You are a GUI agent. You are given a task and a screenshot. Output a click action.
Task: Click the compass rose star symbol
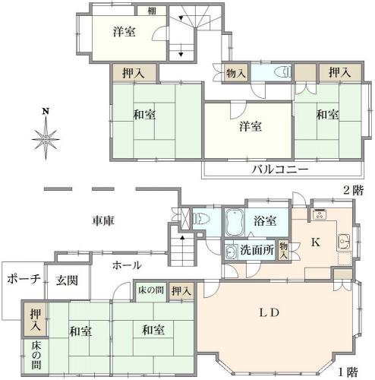[46, 139]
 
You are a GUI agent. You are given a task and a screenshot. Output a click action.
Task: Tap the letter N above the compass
[46, 111]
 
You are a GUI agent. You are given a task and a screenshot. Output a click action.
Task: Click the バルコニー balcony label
[280, 169]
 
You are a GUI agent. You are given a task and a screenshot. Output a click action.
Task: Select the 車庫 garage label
[103, 220]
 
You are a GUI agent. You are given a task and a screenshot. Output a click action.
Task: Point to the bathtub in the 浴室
[234, 222]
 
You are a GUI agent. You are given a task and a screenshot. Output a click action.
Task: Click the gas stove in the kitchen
[320, 214]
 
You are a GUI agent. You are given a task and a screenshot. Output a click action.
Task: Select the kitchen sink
[344, 241]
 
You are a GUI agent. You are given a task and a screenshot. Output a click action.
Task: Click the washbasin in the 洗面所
[231, 252]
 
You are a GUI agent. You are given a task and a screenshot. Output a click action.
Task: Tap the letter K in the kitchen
[315, 242]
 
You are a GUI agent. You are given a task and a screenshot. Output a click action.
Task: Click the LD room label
[269, 312]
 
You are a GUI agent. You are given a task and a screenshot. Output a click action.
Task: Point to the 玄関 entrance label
[67, 280]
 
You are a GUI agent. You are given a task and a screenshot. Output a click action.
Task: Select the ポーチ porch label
[24, 279]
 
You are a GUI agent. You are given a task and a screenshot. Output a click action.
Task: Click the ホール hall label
[127, 265]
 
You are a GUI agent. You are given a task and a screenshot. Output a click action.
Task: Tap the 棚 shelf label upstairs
[152, 11]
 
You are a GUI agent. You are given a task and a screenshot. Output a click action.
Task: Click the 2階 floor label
[353, 190]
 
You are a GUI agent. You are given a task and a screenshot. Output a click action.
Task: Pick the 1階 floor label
[348, 372]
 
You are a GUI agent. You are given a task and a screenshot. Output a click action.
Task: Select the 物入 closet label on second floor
[236, 73]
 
